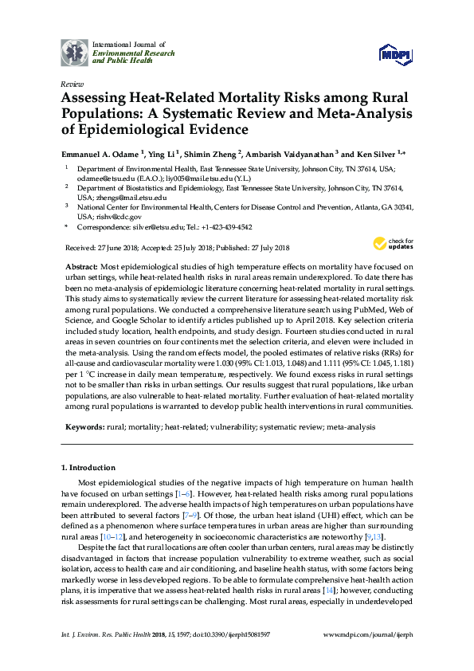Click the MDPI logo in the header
click(395, 54)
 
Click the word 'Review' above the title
click(71, 84)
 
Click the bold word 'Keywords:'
click(83, 427)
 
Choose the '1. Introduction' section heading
click(88, 467)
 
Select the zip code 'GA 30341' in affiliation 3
click(393, 205)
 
